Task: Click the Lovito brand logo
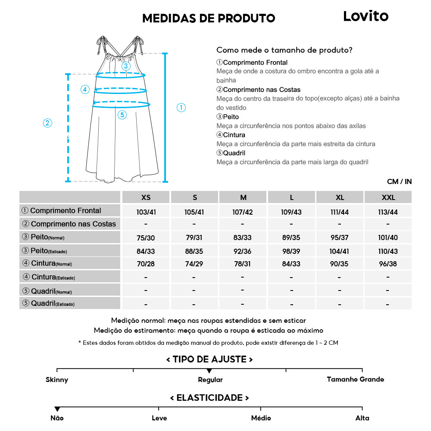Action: coord(365,16)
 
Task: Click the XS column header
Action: coord(146,197)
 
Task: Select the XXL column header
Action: coord(388,197)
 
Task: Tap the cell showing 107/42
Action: coord(243,212)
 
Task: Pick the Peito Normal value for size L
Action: coord(291,238)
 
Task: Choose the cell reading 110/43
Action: coord(388,251)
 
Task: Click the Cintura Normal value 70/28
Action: coord(146,264)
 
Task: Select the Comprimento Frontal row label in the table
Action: coord(66,210)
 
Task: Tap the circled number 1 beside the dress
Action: coord(181,108)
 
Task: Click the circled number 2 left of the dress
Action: coord(48,123)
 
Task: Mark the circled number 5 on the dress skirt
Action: coord(122,115)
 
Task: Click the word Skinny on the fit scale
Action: coord(57,380)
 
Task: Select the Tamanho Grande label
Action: coord(355,379)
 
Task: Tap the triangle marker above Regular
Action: coord(209,371)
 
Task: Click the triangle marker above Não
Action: coord(57,409)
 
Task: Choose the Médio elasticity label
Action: coord(261,418)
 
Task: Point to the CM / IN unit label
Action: coord(399,181)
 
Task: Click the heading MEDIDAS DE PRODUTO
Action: coord(209,18)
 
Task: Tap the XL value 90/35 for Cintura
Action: coord(340,264)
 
